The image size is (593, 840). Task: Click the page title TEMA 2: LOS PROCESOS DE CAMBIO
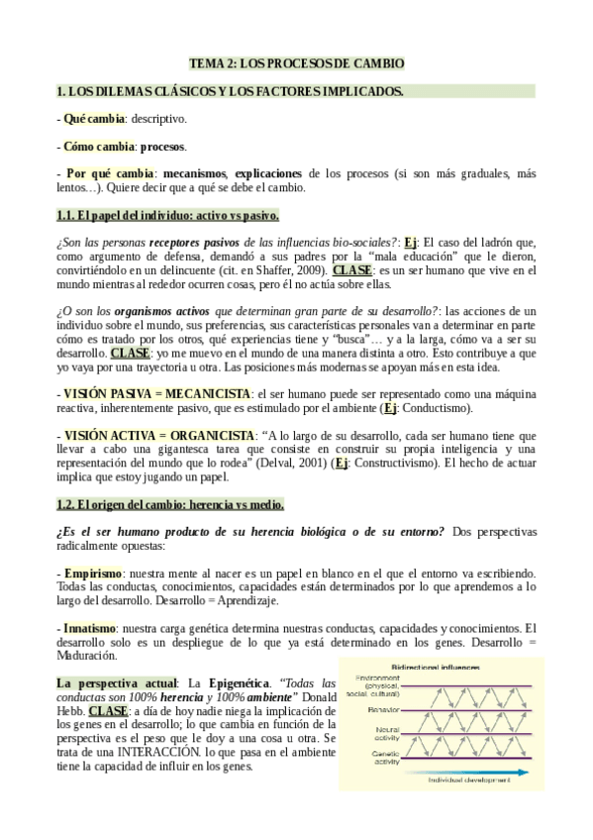297,64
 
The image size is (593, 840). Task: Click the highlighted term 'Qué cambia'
94,119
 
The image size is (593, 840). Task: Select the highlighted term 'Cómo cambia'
97,147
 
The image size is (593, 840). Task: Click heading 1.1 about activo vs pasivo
167,215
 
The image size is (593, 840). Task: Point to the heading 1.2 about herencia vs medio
170,503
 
